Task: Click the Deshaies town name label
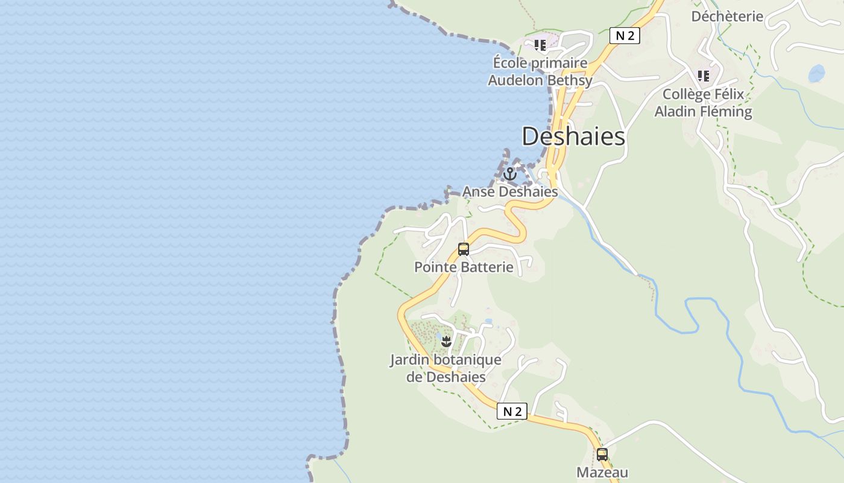[x=573, y=136]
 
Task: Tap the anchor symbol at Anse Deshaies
[x=510, y=174]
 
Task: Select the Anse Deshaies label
[x=510, y=192]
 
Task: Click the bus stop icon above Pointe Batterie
[x=463, y=249]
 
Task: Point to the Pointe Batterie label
[x=464, y=267]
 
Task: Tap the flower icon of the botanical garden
[x=446, y=342]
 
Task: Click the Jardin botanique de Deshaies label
[x=446, y=368]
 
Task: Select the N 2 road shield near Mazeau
[x=512, y=411]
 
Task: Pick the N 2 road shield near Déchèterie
[x=624, y=36]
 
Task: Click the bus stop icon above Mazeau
[x=602, y=455]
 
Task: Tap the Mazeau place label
[x=602, y=472]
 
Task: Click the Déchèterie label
[x=727, y=16]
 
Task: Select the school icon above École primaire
[x=540, y=45]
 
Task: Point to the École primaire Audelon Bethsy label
[x=540, y=71]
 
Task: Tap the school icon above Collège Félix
[x=703, y=76]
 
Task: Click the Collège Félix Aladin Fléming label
[x=704, y=103]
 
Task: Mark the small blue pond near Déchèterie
[x=816, y=74]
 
